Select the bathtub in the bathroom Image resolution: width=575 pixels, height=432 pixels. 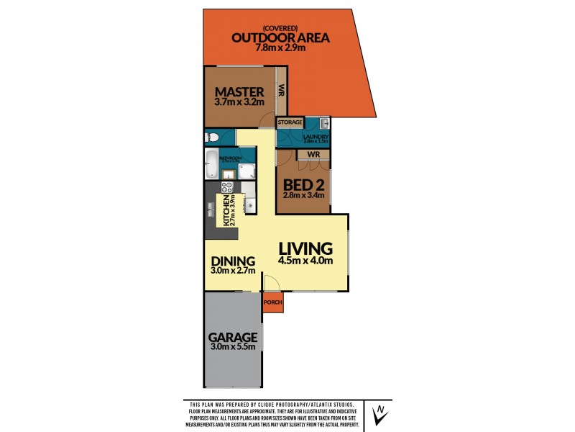pos(212,165)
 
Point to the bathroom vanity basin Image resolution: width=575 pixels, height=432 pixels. pos(228,174)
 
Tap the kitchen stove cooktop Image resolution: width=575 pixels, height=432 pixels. pos(226,188)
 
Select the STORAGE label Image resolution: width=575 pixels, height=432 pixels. pos(290,122)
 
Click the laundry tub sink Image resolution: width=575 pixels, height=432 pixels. pos(323,123)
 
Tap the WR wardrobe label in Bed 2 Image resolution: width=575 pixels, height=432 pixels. pos(313,155)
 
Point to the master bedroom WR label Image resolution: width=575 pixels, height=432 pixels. pos(282,91)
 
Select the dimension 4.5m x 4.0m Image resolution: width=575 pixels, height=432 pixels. pos(306,261)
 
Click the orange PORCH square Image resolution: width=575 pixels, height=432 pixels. pos(273,302)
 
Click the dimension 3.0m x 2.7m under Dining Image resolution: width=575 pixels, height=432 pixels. pos(234,271)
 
